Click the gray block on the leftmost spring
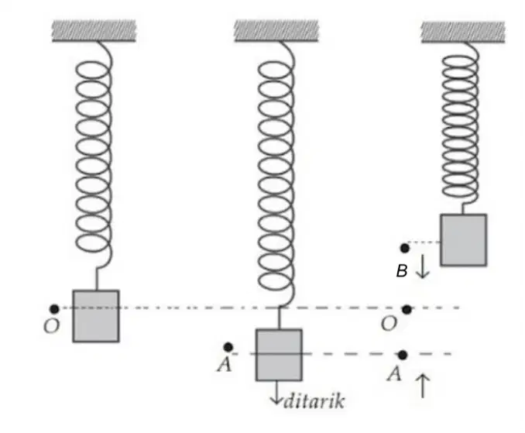point(96,316)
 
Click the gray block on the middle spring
point(279,355)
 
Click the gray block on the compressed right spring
point(463,240)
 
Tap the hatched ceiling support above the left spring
point(94,31)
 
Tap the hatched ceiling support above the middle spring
point(276,31)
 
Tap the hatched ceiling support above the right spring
point(463,32)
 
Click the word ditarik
point(314,400)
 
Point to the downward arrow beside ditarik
point(276,393)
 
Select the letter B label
point(402,271)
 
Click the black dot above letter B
point(404,248)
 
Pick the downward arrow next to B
point(423,266)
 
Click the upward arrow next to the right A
point(423,386)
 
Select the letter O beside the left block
point(52,325)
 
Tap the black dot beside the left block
point(54,309)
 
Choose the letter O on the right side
point(389,324)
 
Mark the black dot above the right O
point(407,310)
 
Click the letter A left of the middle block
point(225,364)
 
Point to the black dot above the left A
point(228,347)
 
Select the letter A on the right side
point(394,373)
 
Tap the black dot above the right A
point(403,355)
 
